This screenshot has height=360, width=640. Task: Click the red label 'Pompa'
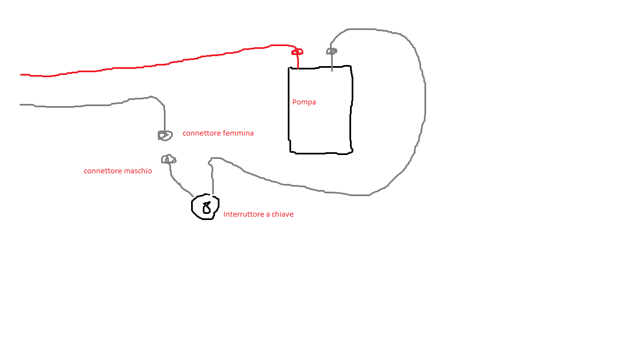(x=304, y=102)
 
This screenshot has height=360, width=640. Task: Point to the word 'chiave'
(x=282, y=214)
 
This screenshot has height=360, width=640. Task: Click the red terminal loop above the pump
(x=297, y=52)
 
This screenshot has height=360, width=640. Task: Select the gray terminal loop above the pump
(x=331, y=51)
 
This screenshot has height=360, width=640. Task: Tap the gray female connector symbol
(x=163, y=135)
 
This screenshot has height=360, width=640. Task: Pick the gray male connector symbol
(x=168, y=159)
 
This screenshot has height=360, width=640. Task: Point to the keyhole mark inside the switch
(x=207, y=208)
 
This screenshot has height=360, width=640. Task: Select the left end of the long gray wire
(x=22, y=104)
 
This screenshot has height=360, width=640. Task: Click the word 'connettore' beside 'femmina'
(x=202, y=133)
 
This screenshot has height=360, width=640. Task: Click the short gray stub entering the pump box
(x=332, y=62)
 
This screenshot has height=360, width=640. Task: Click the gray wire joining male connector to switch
(x=175, y=180)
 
